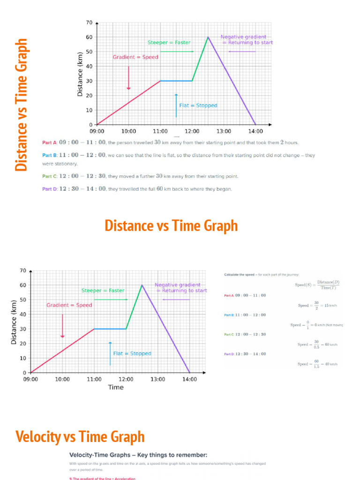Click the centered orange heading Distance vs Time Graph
tap(171, 225)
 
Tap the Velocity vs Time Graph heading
tap(80, 437)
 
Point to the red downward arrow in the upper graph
tap(128, 77)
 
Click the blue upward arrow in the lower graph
tap(110, 353)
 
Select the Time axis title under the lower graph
tap(116, 387)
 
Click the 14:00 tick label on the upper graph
tap(255, 131)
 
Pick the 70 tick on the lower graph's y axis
tap(22, 270)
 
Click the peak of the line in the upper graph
tap(208, 37)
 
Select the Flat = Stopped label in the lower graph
tap(132, 353)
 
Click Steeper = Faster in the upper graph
tap(169, 43)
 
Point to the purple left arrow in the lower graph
tap(176, 299)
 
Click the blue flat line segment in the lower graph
tap(110, 329)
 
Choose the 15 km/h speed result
tap(318, 306)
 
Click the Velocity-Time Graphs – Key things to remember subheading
tap(138, 455)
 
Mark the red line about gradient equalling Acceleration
tap(102, 479)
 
